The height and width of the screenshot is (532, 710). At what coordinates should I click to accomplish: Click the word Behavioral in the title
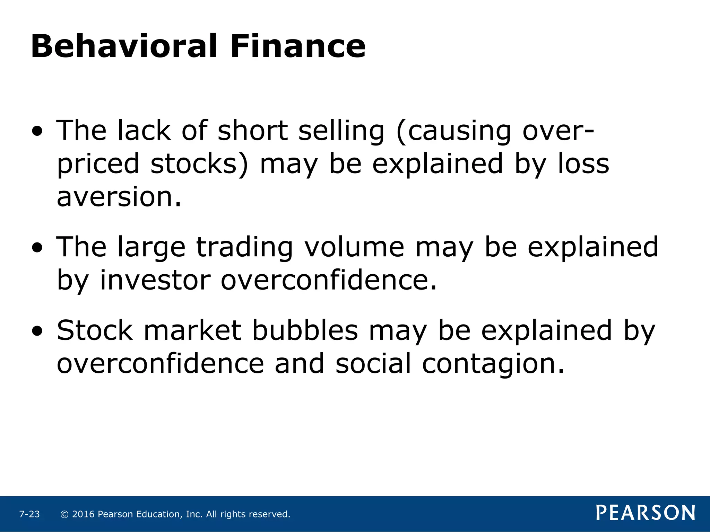click(124, 46)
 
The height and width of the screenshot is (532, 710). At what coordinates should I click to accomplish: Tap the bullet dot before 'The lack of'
click(37, 132)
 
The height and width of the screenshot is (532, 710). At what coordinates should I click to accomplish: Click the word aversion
click(119, 197)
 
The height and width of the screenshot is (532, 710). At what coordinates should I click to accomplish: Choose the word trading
click(245, 248)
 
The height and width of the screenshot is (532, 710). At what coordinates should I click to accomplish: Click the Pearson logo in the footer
click(645, 513)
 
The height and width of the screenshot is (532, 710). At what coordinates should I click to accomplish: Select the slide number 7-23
click(29, 514)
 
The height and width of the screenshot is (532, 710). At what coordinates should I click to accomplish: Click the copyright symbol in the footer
click(64, 514)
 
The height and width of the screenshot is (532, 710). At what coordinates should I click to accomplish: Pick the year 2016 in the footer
click(83, 514)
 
